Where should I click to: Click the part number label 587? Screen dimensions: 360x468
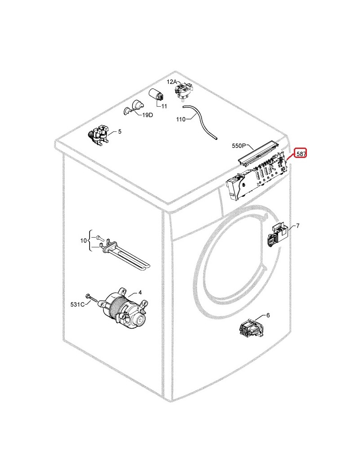(x=301, y=154)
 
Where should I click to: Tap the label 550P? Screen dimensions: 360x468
(x=239, y=146)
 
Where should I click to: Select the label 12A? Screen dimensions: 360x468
(x=171, y=82)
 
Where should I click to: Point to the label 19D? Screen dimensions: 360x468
(x=148, y=115)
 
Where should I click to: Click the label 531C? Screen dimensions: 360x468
(x=77, y=305)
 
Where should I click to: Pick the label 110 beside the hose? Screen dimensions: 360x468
(x=181, y=119)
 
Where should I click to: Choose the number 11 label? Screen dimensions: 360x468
(x=164, y=106)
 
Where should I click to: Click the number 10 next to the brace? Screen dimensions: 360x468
(x=84, y=240)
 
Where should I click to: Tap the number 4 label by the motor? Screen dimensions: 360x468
(x=140, y=292)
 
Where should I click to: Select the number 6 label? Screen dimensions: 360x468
(x=268, y=315)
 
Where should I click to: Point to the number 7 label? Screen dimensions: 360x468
(x=297, y=225)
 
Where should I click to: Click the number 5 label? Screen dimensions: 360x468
(x=120, y=131)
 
